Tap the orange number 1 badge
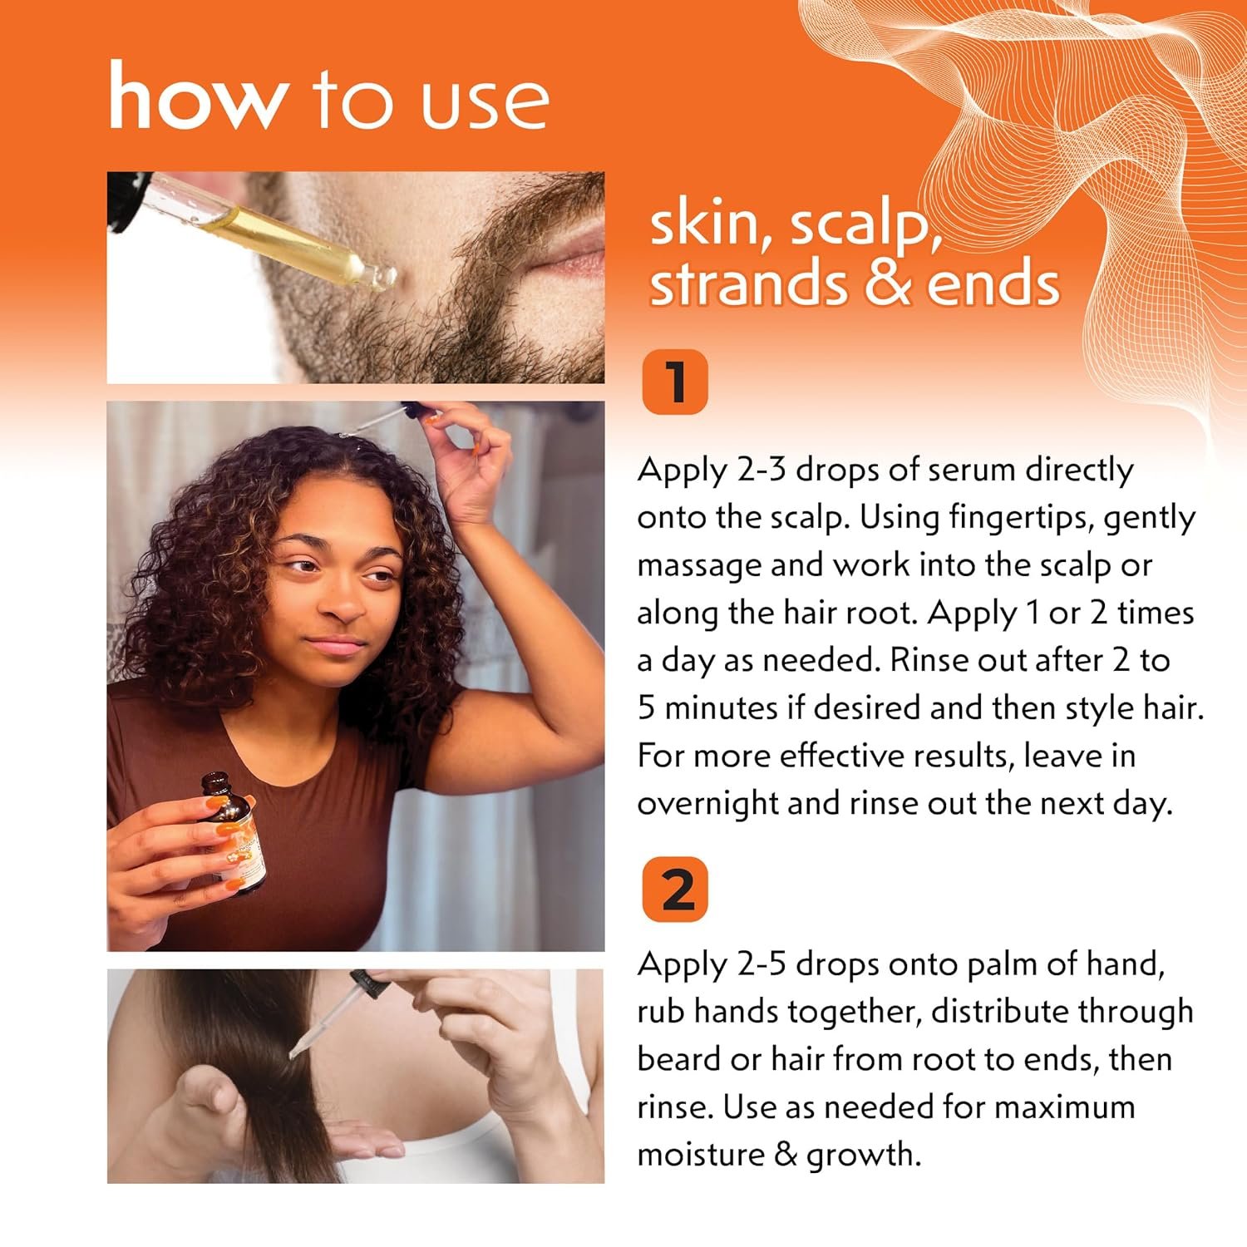coord(675,382)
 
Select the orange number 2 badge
coord(675,890)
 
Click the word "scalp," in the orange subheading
coord(865,226)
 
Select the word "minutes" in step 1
coord(722,708)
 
